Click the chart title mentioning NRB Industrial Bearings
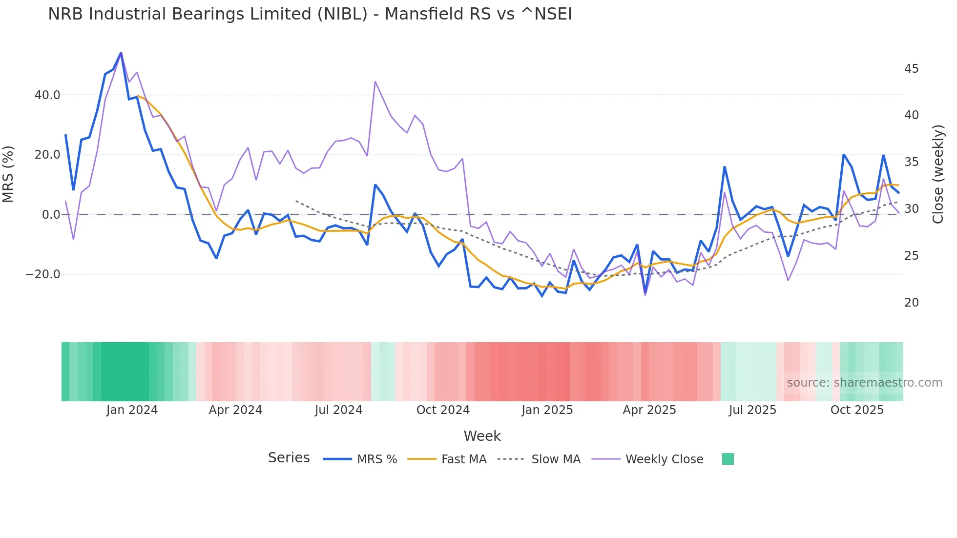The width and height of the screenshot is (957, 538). (310, 14)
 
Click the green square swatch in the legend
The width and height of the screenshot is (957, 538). (728, 459)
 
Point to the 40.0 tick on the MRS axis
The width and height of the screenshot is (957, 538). (47, 95)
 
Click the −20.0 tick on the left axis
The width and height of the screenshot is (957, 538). (43, 274)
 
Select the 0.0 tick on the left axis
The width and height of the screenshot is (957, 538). (51, 215)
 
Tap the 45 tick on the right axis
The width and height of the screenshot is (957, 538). (911, 69)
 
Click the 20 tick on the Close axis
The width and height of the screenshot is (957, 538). (911, 303)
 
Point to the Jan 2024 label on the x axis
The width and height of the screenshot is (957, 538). (132, 410)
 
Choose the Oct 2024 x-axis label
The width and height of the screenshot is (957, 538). (443, 410)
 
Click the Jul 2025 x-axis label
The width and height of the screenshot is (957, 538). (752, 410)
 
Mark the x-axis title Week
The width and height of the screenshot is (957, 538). (482, 436)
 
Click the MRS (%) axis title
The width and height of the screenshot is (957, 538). (8, 174)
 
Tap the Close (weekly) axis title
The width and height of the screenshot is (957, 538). (938, 174)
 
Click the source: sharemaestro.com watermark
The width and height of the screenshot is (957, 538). (864, 383)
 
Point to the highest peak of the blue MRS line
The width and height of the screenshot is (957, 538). (121, 53)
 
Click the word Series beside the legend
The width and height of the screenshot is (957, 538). (289, 458)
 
